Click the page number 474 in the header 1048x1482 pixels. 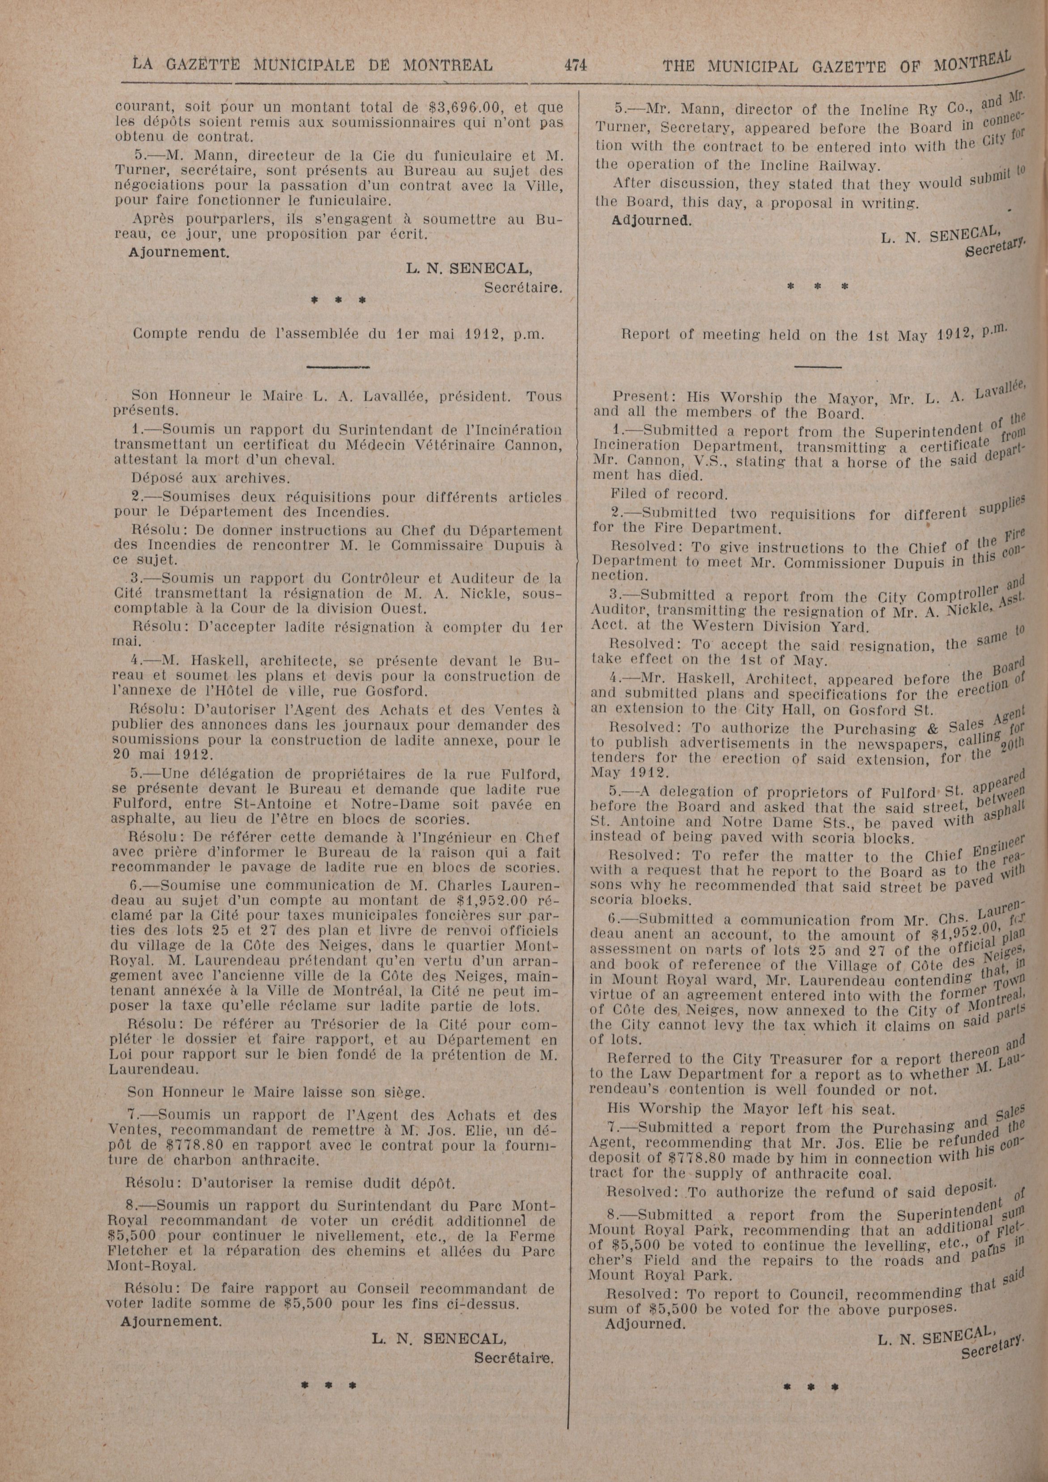click(x=575, y=65)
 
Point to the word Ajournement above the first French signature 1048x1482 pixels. click(x=179, y=252)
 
